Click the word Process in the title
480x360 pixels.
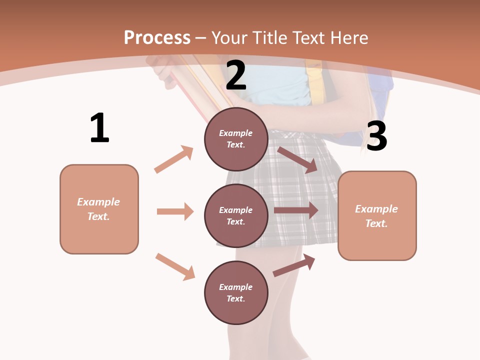157,37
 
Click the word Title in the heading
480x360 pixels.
271,37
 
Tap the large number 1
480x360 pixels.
99,128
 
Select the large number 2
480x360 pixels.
236,75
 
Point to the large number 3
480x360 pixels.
376,136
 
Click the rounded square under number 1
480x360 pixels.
99,209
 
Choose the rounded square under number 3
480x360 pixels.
377,216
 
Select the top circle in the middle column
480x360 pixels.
236,139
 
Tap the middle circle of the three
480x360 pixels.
236,215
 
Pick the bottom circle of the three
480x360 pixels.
236,292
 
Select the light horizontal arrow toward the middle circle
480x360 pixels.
175,211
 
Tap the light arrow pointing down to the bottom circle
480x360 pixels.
175,266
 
